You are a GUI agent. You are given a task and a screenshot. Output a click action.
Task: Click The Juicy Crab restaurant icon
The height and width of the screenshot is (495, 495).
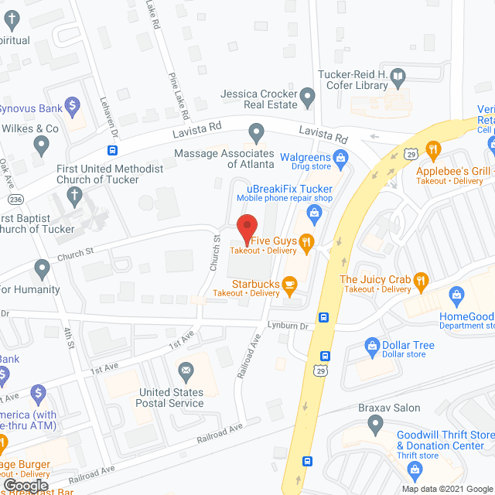pyautogui.click(x=421, y=280)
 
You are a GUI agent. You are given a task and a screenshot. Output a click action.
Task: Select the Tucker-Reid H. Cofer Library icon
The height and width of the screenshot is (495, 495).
pyautogui.click(x=398, y=77)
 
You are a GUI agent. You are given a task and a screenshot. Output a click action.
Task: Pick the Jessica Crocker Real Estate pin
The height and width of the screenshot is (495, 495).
pyautogui.click(x=308, y=98)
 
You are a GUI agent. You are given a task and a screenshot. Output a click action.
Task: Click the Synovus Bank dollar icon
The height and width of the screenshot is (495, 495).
pyautogui.click(x=73, y=104)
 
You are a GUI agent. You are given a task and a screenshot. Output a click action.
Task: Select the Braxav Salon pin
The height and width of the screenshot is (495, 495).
pyautogui.click(x=375, y=423)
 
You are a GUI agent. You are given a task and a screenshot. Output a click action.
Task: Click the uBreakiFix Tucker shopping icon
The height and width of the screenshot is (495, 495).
pyautogui.click(x=314, y=211)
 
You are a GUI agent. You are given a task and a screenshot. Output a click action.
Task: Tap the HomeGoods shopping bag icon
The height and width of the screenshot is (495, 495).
pyautogui.click(x=457, y=294)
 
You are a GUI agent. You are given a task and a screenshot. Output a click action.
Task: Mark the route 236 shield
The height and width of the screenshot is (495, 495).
pyautogui.click(x=16, y=200)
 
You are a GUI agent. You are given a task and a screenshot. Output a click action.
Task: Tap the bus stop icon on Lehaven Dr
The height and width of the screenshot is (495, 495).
pyautogui.click(x=113, y=148)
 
